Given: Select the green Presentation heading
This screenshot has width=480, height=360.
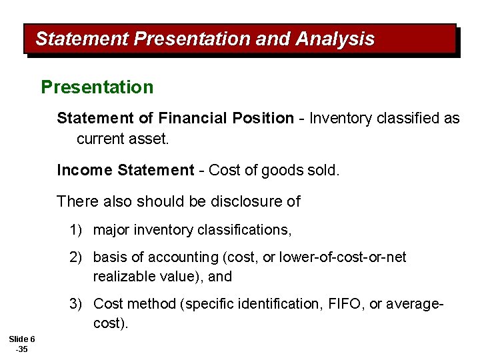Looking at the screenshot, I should (97, 87).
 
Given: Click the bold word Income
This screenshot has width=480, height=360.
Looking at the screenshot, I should (85, 170).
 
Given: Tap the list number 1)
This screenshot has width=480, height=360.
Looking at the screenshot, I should (75, 230).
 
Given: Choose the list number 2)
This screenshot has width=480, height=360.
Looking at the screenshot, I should (75, 257).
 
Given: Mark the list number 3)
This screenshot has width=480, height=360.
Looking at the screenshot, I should (75, 304).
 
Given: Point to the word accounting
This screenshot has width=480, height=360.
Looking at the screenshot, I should (183, 257).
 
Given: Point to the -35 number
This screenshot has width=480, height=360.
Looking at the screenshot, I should (21, 349).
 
